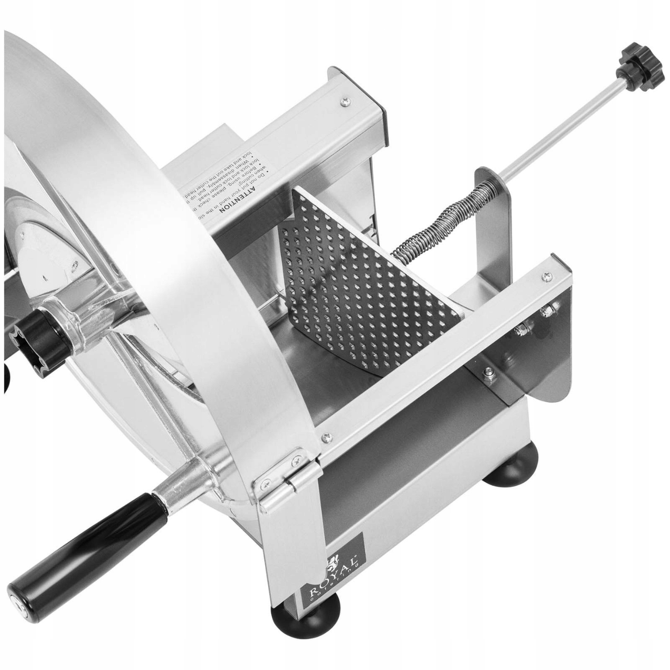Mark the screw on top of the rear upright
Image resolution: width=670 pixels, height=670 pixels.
click(345, 101)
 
